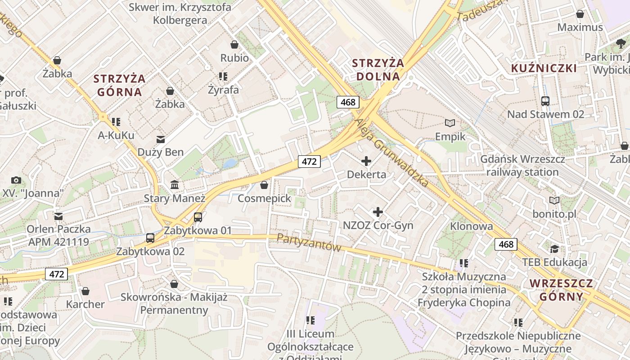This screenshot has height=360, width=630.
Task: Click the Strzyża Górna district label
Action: coord(119,85)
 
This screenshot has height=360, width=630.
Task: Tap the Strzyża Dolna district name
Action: coord(378,70)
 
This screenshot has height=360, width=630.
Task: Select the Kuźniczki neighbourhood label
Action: coord(544,68)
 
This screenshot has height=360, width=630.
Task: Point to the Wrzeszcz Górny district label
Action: coord(561,290)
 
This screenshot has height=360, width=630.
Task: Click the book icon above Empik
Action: coord(450,123)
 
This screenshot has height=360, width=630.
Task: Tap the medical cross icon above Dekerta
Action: coord(366,161)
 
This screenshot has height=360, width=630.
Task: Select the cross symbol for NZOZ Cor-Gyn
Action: coord(378,211)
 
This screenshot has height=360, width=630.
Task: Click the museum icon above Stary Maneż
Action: coord(175,184)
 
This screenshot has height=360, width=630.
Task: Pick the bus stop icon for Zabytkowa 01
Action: coord(198,217)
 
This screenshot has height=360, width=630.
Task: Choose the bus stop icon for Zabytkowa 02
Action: coord(150,238)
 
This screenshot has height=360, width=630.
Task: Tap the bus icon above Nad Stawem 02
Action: coord(545,101)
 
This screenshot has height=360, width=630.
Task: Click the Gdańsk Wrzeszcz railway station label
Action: coord(522,166)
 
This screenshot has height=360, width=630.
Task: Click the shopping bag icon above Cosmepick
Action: coord(264,185)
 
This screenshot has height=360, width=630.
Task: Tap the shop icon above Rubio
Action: coord(234,45)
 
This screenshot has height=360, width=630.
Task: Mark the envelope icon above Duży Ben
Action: coord(161,139)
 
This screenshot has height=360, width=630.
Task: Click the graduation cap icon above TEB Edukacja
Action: coord(554,249)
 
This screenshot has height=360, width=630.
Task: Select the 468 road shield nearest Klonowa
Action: coord(506,244)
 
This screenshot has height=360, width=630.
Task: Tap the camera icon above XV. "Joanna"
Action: coord(16,180)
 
